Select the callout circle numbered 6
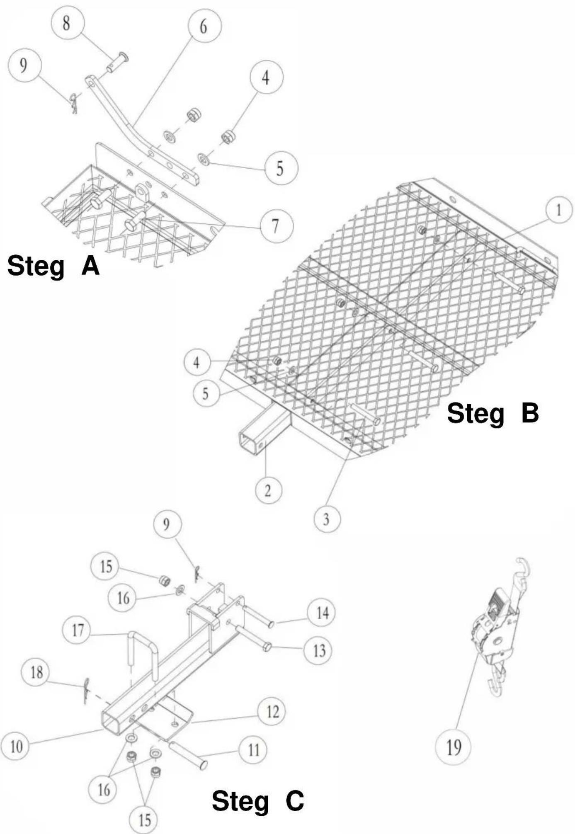[x=204, y=26]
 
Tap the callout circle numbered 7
[x=276, y=226]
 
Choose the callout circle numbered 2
[x=268, y=490]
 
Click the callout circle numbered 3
[x=327, y=519]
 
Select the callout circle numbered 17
[x=78, y=630]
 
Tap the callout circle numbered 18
[x=37, y=672]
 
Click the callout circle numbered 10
[x=17, y=747]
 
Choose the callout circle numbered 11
[x=254, y=749]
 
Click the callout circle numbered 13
[x=318, y=651]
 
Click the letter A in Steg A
[x=91, y=266]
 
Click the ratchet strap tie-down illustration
[x=500, y=628]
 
